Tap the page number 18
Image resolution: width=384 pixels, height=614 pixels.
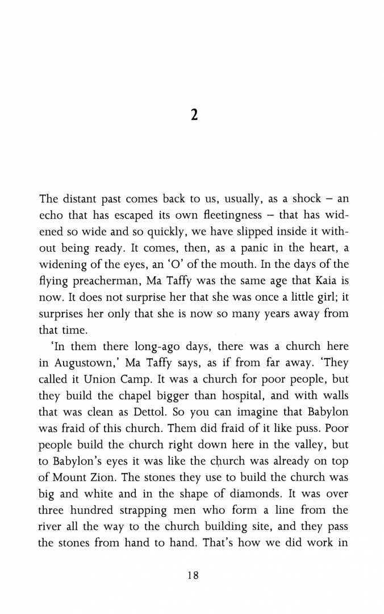click(193, 575)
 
